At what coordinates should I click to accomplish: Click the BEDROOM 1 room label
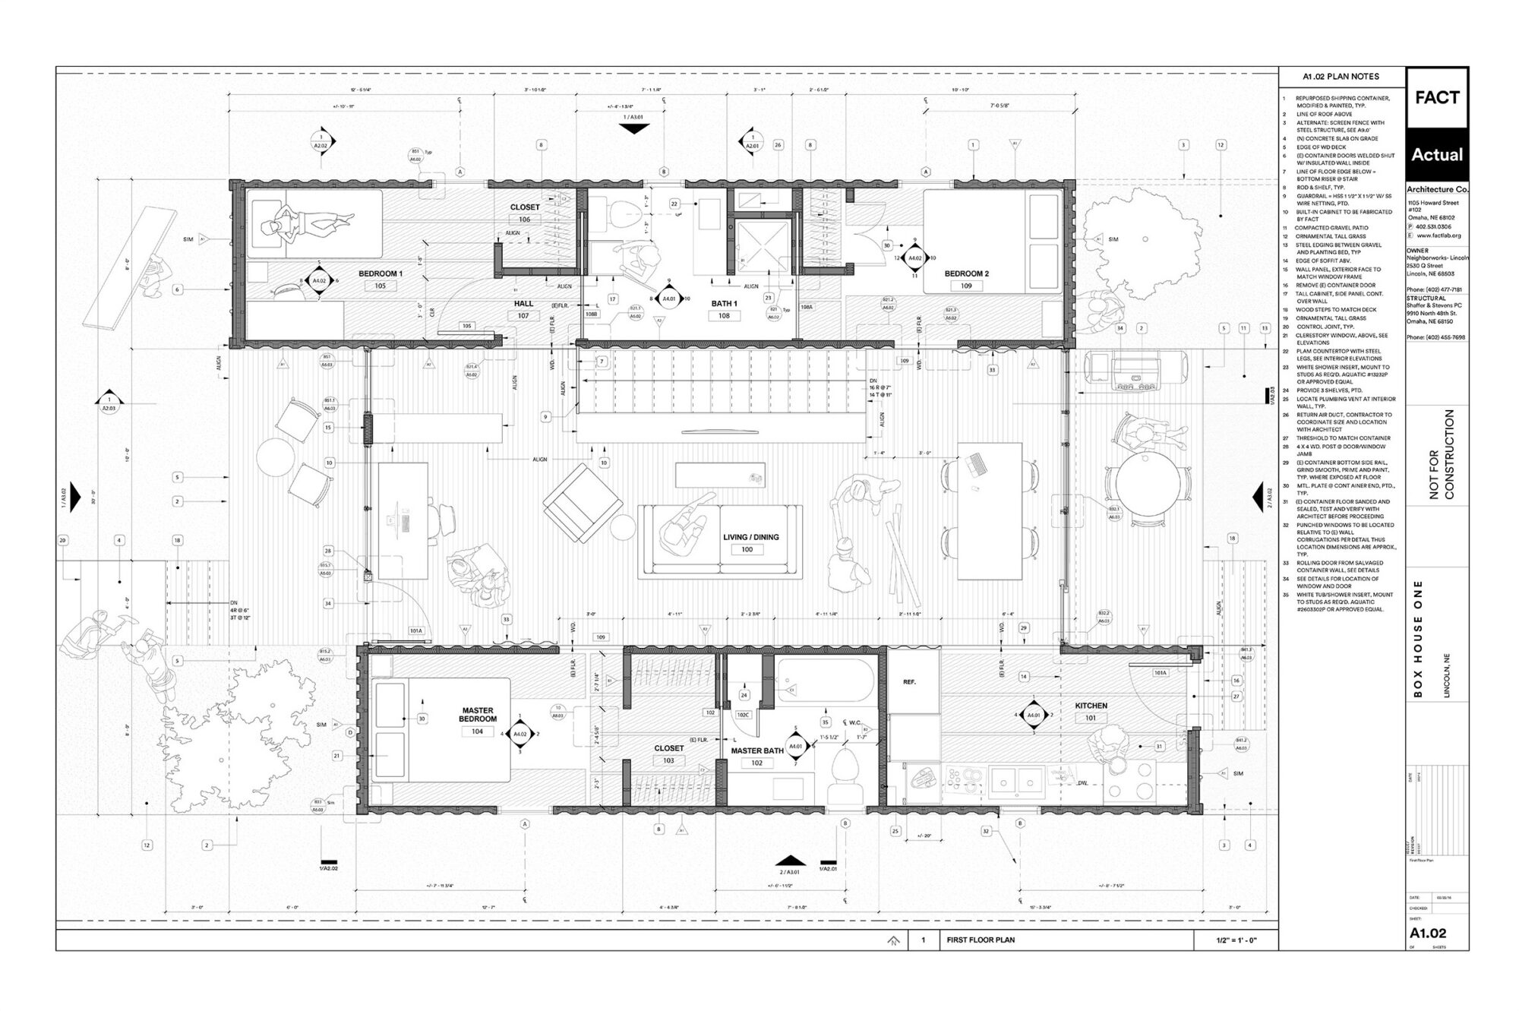pyautogui.click(x=381, y=273)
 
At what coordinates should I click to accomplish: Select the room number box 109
pyautogui.click(x=966, y=286)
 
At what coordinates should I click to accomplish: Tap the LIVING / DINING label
pyautogui.click(x=750, y=537)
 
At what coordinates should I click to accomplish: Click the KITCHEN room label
pyautogui.click(x=1091, y=706)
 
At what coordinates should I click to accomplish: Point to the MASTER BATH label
pyautogui.click(x=756, y=751)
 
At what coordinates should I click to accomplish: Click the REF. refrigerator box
pyautogui.click(x=909, y=682)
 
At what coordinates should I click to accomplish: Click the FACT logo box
pyautogui.click(x=1437, y=98)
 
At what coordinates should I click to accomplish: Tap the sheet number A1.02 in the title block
pyautogui.click(x=1428, y=934)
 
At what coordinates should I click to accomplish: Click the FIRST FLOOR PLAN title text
pyautogui.click(x=981, y=940)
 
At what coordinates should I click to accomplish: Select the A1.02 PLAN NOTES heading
pyautogui.click(x=1341, y=77)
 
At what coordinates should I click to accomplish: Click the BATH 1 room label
pyautogui.click(x=724, y=304)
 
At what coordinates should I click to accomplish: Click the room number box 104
pyautogui.click(x=477, y=731)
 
